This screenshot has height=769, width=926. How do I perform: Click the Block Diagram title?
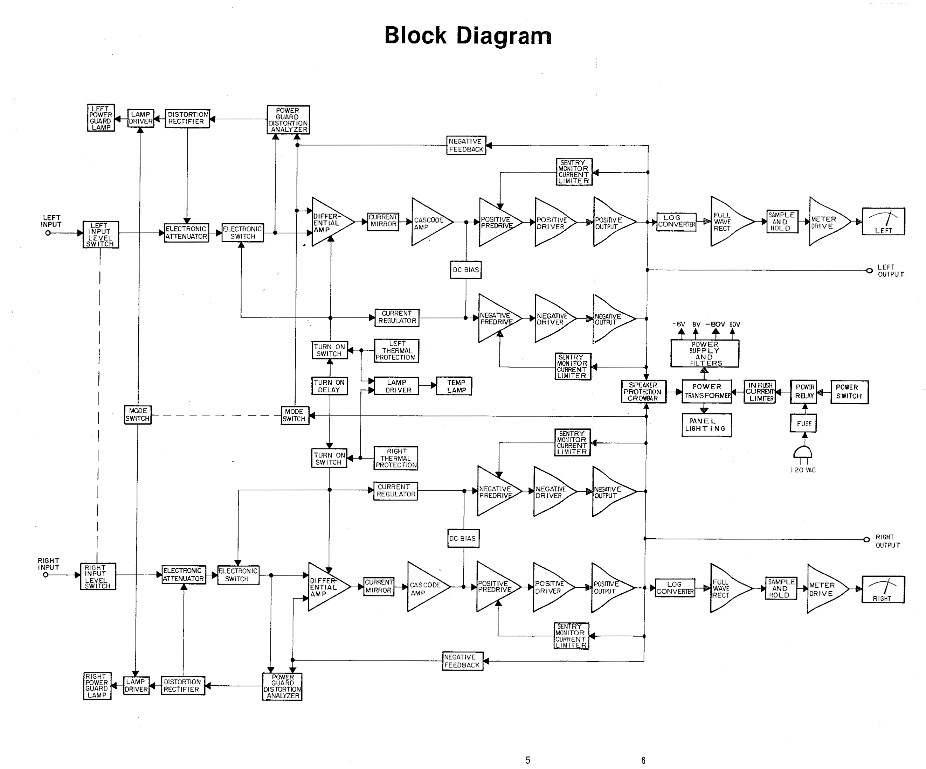pos(468,36)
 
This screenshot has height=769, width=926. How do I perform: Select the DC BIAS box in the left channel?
pos(466,270)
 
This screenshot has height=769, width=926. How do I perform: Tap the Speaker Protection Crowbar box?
pos(643,392)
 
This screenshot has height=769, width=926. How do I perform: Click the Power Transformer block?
pos(707,391)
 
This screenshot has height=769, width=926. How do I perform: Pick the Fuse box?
pos(803,424)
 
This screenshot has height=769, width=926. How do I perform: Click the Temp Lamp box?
pos(454,386)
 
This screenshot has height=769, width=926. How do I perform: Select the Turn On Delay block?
pos(330,386)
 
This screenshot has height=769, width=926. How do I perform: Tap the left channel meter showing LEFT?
pos(883,222)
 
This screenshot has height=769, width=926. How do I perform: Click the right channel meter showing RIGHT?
pos(883,590)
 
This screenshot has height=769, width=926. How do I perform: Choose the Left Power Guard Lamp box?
pos(101,118)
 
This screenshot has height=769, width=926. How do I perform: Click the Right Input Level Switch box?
pos(98,576)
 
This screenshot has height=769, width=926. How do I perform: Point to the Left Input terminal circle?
pos(48,233)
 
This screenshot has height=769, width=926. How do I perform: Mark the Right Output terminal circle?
pos(866,539)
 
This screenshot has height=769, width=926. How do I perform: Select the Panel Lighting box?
pos(706,425)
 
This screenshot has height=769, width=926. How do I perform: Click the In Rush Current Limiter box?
pos(760,392)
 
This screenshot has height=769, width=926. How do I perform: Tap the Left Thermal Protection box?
pos(396,351)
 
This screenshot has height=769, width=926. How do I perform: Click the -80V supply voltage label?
pos(715,324)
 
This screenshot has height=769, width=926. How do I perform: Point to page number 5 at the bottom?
pos(528,760)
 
